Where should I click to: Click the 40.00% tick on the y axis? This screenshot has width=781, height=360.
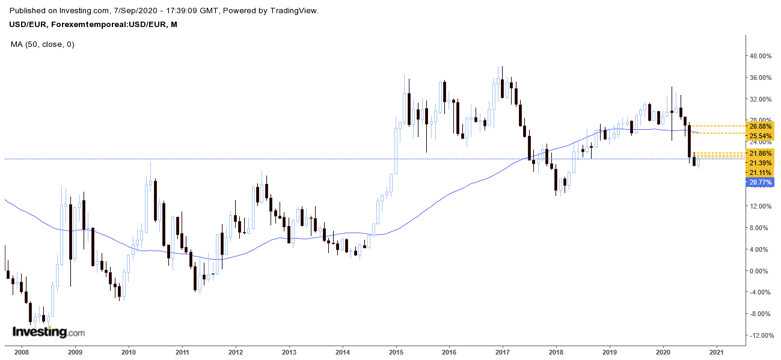[761, 56]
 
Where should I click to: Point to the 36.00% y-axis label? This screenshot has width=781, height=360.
[761, 78]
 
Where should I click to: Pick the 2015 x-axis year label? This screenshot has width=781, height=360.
[396, 352]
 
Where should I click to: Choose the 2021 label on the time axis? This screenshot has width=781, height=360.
[716, 352]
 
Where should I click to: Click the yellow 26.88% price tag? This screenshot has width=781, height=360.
[761, 127]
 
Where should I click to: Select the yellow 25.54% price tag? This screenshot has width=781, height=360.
[761, 136]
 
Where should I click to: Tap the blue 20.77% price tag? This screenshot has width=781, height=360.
[761, 182]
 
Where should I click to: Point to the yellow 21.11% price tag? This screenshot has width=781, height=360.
[761, 172]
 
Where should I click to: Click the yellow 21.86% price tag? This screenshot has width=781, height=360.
[761, 154]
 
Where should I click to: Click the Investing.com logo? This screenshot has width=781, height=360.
[49, 332]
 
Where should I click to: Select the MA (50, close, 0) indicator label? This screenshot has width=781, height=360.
[43, 44]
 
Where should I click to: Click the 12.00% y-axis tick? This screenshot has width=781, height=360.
[761, 206]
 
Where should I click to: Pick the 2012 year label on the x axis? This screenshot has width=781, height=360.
[235, 352]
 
